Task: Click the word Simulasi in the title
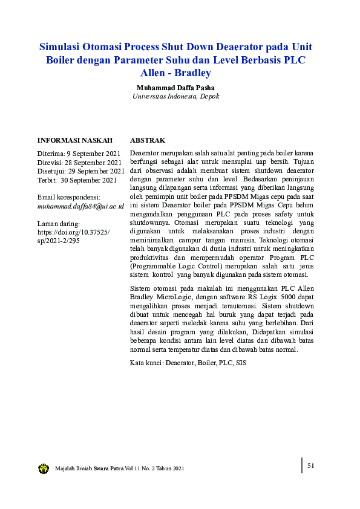coord(60,47)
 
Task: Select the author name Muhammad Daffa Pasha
coord(175,87)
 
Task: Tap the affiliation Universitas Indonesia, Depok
coord(175,96)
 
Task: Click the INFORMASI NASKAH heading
coord(75,140)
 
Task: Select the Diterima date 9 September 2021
coord(78,154)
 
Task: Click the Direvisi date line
coord(79,162)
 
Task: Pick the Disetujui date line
coord(81,171)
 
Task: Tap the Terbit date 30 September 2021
coord(77,180)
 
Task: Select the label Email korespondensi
coord(68,197)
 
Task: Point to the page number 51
coord(311,465)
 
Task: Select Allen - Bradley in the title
coord(175,73)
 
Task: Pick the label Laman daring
coord(58,224)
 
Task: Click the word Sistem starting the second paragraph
coord(140,288)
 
